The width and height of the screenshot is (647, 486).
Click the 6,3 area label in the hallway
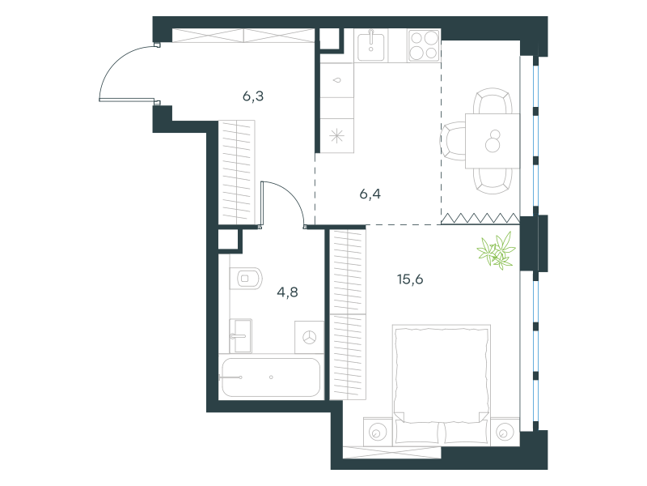[253, 96]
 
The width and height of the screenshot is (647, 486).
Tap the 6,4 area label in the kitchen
[370, 194]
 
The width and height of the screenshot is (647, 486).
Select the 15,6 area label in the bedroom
[410, 279]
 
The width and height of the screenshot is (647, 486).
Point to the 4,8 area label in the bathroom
[288, 292]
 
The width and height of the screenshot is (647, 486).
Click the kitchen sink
[371, 45]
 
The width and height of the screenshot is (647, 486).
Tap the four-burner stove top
[424, 45]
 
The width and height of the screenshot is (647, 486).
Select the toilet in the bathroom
[245, 279]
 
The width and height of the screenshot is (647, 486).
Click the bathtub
[271, 377]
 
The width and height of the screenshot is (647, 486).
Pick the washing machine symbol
[310, 337]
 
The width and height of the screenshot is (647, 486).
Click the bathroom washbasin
[240, 336]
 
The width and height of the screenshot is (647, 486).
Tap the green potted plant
[497, 251]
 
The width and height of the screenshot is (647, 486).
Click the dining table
[493, 141]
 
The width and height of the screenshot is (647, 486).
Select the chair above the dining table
[493, 100]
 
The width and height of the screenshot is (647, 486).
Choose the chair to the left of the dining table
[453, 141]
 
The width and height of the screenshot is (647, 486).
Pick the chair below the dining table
[493, 181]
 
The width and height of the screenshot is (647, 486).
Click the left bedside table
[378, 432]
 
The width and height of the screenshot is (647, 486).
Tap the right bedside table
[505, 432]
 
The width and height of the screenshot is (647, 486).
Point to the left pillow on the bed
[417, 433]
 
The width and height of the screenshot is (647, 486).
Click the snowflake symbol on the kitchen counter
[337, 136]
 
